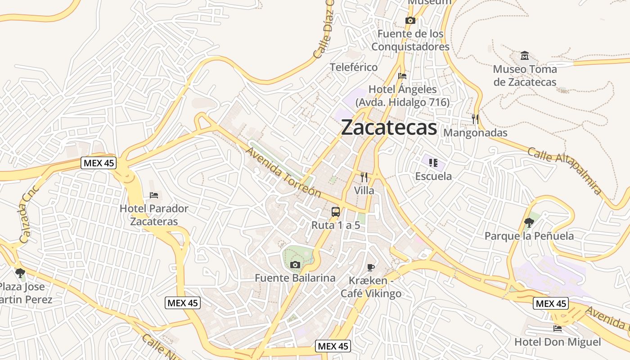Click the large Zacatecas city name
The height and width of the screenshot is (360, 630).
click(x=389, y=128)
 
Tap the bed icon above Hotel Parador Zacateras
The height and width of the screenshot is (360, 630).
click(x=154, y=195)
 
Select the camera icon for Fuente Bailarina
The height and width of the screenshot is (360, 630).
click(x=295, y=265)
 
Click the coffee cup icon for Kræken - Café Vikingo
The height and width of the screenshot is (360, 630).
click(x=370, y=267)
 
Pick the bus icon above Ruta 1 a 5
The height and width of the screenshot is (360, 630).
click(x=336, y=211)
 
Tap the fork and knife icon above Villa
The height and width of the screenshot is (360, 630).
click(x=364, y=177)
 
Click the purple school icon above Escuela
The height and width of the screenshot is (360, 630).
click(x=433, y=162)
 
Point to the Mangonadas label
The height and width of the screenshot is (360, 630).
click(x=475, y=133)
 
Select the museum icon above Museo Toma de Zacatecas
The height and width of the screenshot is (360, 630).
click(x=525, y=56)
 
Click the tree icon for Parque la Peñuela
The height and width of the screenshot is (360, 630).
click(x=529, y=222)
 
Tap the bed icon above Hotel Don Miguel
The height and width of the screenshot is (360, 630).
click(x=558, y=328)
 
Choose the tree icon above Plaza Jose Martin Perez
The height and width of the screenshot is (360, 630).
click(x=20, y=273)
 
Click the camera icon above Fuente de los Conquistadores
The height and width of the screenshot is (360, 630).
click(x=410, y=20)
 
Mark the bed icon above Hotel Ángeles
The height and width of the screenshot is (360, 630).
click(x=402, y=76)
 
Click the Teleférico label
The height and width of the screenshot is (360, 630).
click(x=354, y=67)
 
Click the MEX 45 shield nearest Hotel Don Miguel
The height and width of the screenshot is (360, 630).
click(x=551, y=303)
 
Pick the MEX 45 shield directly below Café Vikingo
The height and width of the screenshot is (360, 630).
click(x=333, y=346)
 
